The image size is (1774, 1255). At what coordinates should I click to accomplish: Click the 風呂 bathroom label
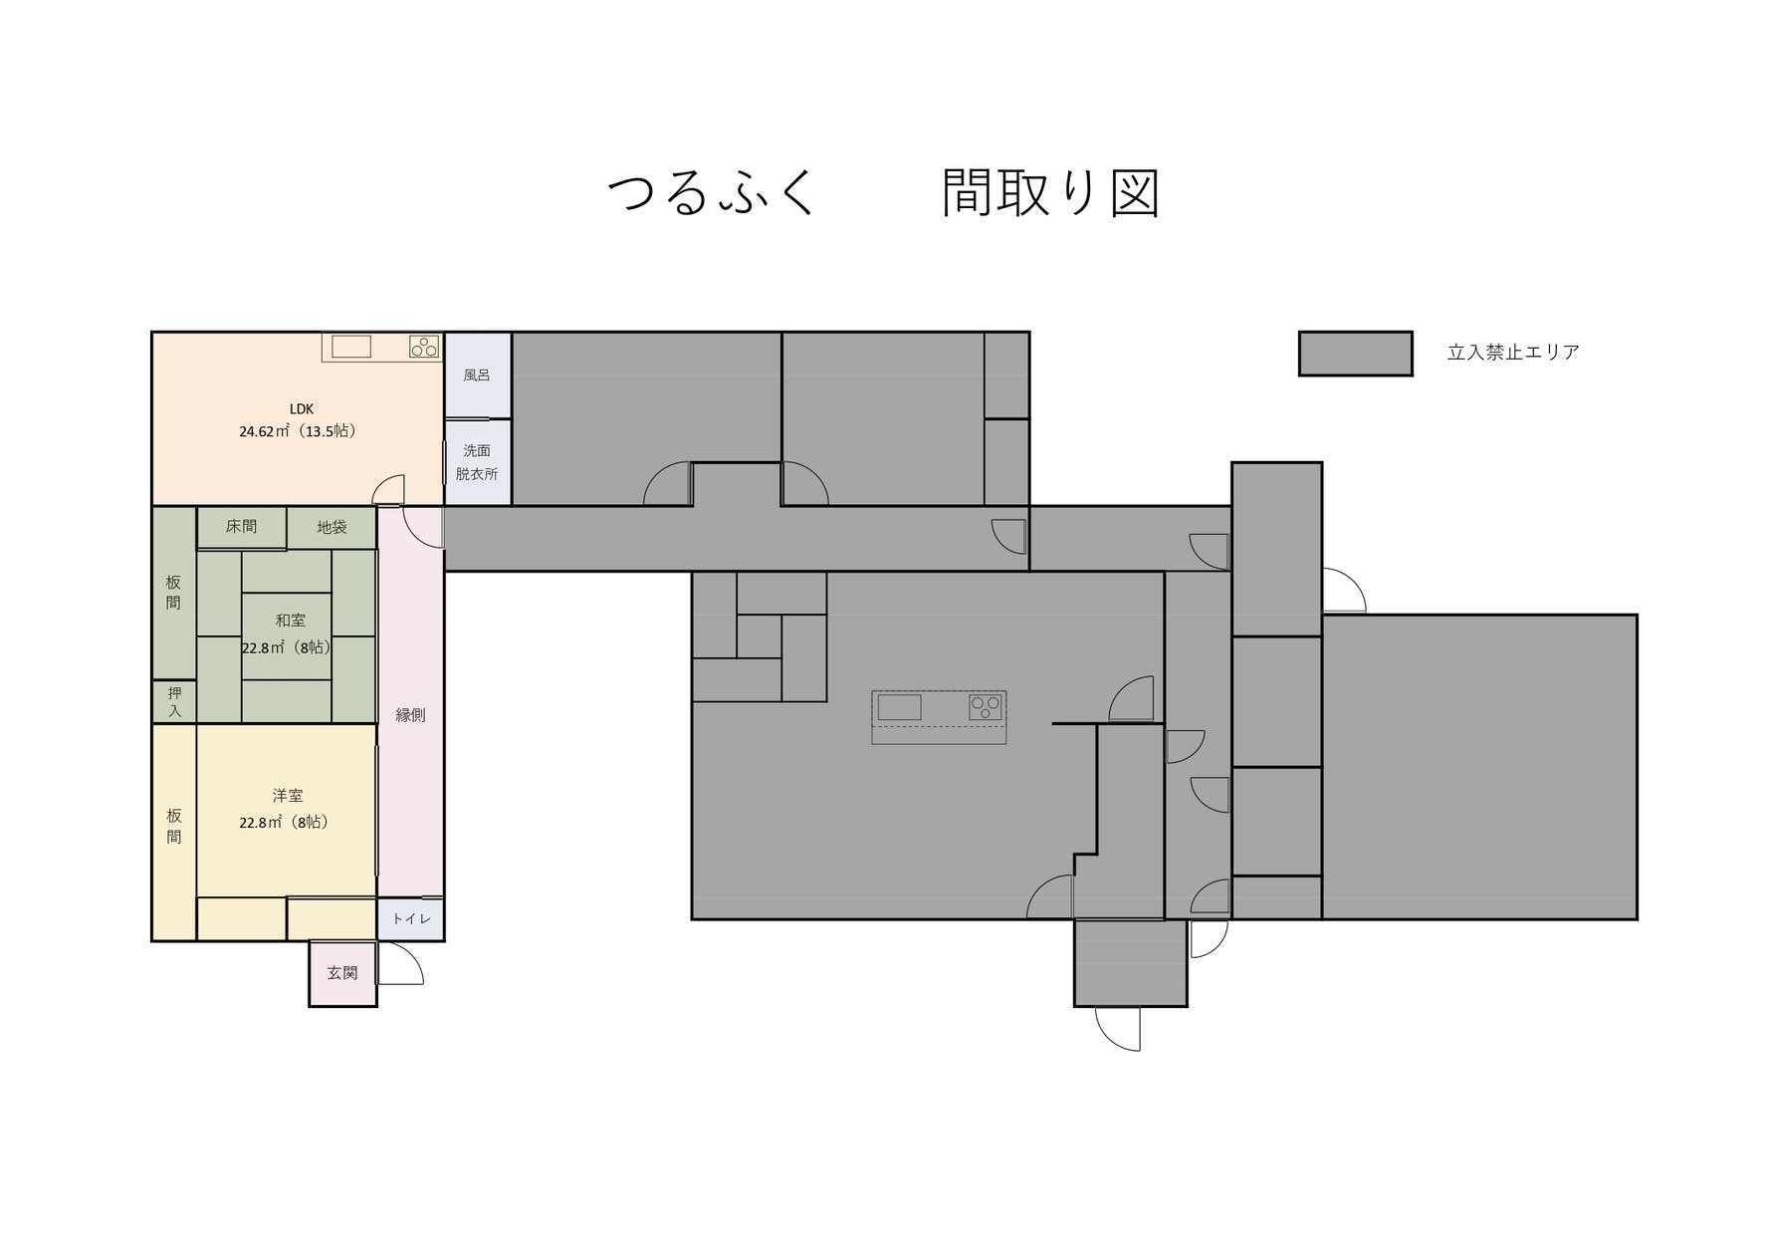pos(477,376)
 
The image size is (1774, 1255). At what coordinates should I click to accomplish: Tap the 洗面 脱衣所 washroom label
pos(477,462)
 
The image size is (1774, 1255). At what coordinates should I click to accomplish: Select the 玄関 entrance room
pos(342,973)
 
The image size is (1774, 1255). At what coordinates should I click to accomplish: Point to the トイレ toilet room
pos(410,918)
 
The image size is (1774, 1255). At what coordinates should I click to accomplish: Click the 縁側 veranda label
pos(410,714)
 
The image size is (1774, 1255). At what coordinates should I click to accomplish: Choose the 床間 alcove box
pos(241,527)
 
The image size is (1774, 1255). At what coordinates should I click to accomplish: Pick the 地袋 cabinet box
pos(332,527)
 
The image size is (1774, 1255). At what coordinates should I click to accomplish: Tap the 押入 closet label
pos(174,701)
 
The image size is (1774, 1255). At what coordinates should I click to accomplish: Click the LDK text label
pos(302,408)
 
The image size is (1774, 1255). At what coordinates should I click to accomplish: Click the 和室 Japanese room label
pos(290,620)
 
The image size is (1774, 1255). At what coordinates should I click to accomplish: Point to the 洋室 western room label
pos(288,795)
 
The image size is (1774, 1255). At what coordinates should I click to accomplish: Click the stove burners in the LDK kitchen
pos(424,347)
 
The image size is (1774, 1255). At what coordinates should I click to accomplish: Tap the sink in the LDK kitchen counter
pos(350,347)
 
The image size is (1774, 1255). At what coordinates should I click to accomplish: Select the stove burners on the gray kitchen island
pos(986,707)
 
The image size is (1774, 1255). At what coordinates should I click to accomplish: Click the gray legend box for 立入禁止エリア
pos(1355,354)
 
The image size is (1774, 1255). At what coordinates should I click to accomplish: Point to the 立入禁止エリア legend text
pos(1513,353)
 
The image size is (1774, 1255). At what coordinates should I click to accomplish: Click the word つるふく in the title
pos(711,192)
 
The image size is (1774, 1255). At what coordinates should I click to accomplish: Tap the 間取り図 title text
pos(1050,192)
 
